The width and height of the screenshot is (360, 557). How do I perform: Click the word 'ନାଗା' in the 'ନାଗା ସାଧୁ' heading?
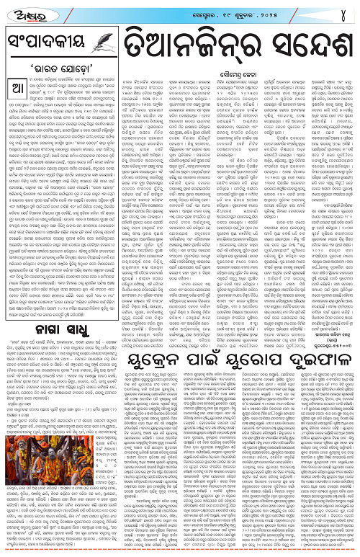(x=45, y=308)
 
